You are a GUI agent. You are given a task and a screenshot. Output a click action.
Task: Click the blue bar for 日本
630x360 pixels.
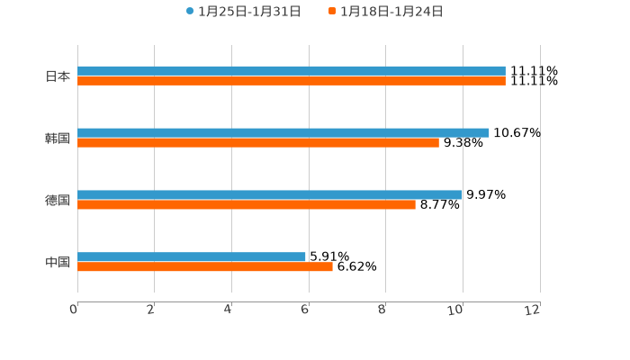[x=292, y=70]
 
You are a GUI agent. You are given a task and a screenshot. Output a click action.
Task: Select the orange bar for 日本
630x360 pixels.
[x=292, y=80]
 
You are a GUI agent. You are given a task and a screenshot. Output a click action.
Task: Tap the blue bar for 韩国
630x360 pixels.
[x=283, y=132]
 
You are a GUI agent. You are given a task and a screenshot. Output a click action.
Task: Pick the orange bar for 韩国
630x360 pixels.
[x=258, y=142]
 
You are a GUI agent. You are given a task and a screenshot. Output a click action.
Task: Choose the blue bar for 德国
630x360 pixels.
[x=270, y=194]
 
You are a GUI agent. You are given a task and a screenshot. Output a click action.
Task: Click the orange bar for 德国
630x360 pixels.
[x=247, y=204]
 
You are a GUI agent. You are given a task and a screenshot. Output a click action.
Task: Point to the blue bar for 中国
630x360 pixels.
[x=192, y=256]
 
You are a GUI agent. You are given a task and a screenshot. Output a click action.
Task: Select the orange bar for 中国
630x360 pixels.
[x=205, y=266]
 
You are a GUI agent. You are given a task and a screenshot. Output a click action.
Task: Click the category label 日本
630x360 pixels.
[x=58, y=76]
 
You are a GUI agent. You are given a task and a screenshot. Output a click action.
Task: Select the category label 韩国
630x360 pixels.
[x=58, y=138]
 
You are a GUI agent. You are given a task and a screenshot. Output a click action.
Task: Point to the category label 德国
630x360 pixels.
[x=58, y=200]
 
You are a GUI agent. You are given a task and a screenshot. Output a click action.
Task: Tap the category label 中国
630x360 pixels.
[x=58, y=262]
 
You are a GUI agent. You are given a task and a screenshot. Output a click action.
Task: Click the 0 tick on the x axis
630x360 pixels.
[x=74, y=310]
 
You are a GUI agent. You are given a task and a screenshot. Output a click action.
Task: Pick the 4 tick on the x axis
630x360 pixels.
[x=229, y=310]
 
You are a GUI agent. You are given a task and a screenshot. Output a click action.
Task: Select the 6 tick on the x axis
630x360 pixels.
[x=306, y=310]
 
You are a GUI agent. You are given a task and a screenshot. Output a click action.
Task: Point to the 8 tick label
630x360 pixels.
[x=382, y=310]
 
